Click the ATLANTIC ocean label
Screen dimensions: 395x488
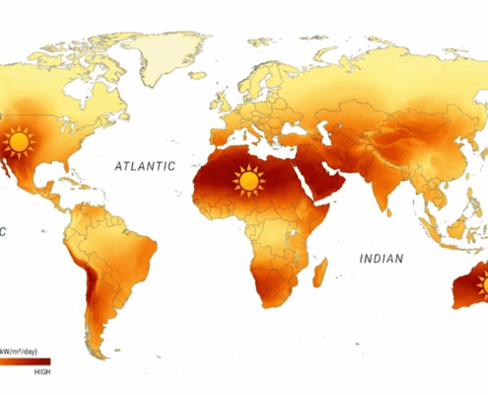(x=144, y=167)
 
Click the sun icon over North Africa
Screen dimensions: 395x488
(x=247, y=181)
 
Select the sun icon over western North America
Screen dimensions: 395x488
(x=17, y=143)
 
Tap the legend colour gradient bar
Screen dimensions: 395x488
(x=25, y=362)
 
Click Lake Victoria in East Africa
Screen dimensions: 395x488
(x=301, y=232)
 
